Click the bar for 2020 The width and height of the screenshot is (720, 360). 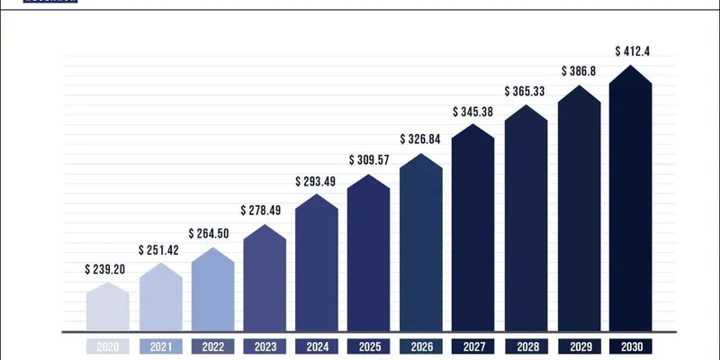point(108,308)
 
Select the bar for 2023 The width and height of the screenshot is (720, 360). point(265,279)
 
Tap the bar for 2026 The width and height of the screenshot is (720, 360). point(420,243)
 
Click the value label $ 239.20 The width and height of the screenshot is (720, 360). point(106,269)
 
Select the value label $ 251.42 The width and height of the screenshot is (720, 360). point(159,249)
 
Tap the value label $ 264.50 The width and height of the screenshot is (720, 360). point(211,233)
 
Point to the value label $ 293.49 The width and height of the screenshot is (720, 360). point(316,180)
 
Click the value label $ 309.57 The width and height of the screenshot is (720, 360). point(369,160)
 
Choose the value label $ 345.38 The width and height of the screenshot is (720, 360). point(472,112)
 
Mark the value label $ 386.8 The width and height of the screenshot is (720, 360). point(579,69)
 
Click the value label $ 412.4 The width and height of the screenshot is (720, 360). point(631,51)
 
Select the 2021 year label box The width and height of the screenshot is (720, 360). point(160,346)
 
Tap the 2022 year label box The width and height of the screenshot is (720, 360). point(212,346)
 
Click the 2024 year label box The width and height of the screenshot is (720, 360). point(317,346)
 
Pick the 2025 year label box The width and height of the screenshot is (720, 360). point(369,346)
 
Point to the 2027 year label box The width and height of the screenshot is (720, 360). point(473,346)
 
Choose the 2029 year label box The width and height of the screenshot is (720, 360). point(579,346)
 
